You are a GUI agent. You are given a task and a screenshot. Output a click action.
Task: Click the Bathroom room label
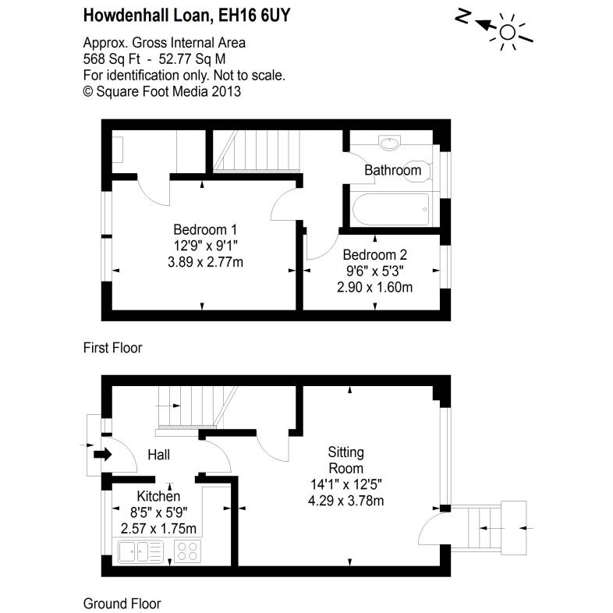tap(392, 170)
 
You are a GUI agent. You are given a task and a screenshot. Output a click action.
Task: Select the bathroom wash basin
tap(389, 143)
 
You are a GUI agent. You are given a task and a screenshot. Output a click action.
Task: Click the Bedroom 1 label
tap(204, 230)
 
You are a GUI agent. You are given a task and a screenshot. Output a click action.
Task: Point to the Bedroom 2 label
tap(374, 255)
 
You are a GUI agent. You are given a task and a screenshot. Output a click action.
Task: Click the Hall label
tap(158, 455)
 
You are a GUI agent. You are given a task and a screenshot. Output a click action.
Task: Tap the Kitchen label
tap(158, 497)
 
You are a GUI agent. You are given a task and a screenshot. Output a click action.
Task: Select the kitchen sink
tap(140, 553)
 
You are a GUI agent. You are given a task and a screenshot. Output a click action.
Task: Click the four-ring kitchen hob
tap(186, 552)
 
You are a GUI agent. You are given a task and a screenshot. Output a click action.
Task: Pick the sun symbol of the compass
tap(508, 31)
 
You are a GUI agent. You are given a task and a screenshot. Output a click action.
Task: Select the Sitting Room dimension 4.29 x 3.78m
tap(345, 500)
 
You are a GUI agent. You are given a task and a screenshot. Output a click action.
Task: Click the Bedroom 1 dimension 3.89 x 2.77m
tap(204, 262)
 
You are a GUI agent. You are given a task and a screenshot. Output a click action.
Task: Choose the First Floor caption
tap(112, 348)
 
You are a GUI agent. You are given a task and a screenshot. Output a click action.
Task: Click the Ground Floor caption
tap(122, 603)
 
